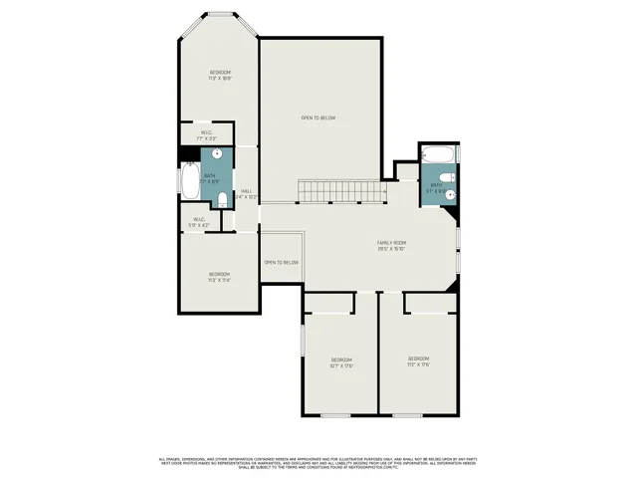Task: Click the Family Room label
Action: [x=390, y=246]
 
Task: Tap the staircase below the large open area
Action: [x=341, y=190]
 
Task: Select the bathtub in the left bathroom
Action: [x=189, y=181]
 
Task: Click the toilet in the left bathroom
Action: [x=222, y=200]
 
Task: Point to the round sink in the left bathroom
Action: [x=217, y=154]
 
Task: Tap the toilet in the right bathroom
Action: [x=448, y=176]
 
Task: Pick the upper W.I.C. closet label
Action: [x=206, y=134]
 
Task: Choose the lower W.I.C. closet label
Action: [x=199, y=223]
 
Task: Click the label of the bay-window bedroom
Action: [x=220, y=75]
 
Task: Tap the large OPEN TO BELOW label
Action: [x=318, y=119]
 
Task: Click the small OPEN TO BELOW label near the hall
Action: [x=281, y=263]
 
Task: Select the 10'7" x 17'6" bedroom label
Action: [x=341, y=362]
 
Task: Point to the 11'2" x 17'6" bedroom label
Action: [x=418, y=360]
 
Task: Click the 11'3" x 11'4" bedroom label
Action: [x=219, y=277]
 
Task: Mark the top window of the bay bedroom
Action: [x=220, y=13]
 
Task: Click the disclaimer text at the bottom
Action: [x=318, y=462]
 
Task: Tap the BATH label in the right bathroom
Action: [x=435, y=186]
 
